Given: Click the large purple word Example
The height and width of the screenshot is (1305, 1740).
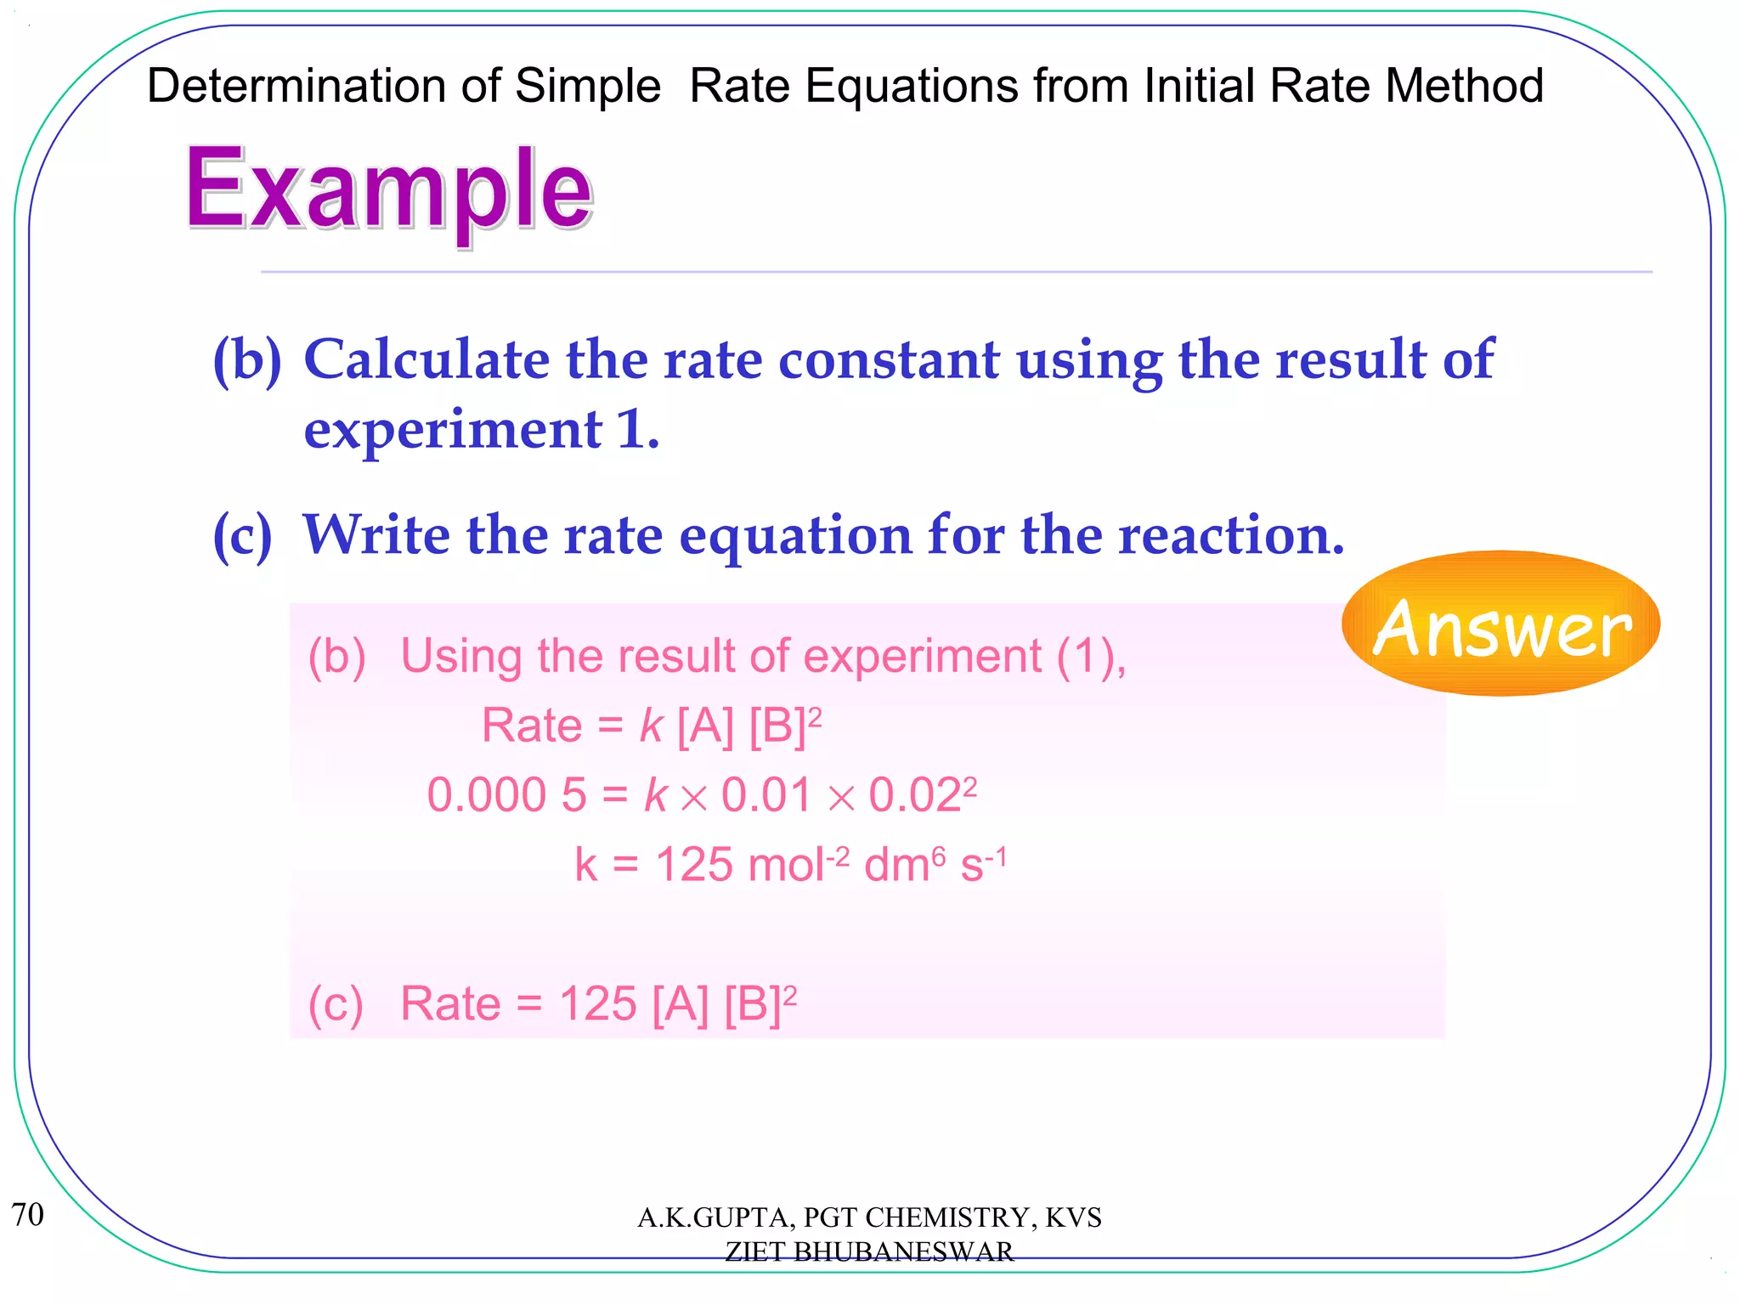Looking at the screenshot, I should [x=388, y=190].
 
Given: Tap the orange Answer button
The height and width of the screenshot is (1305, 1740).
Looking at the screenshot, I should [x=1500, y=624].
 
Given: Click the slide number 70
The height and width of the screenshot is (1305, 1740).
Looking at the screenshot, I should [x=27, y=1215].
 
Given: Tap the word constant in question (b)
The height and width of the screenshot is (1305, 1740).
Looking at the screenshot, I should [x=889, y=359].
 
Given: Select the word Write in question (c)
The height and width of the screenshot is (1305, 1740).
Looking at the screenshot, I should [x=376, y=535].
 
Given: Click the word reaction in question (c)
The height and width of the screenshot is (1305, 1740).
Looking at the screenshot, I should [x=1231, y=535].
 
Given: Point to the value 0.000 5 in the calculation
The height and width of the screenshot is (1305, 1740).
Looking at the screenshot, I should [x=506, y=796].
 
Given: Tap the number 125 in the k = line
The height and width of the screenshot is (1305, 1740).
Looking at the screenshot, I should [x=693, y=866].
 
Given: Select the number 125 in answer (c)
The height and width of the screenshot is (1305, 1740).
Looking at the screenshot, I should [x=597, y=1004].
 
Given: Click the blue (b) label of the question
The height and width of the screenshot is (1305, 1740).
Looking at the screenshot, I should [x=246, y=361].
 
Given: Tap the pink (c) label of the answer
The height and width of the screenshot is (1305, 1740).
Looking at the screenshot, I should [x=336, y=1004].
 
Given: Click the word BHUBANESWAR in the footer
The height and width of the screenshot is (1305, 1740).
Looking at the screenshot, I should [x=903, y=1251].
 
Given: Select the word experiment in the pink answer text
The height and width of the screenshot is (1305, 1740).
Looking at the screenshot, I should [x=922, y=657].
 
